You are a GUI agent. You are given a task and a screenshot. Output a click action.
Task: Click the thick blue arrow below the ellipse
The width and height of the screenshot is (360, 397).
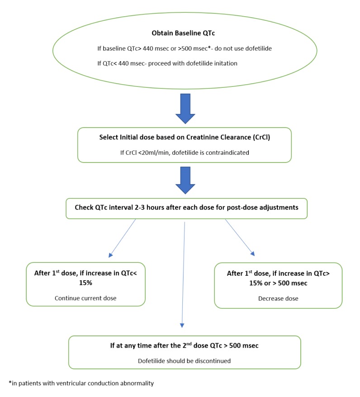(185, 108)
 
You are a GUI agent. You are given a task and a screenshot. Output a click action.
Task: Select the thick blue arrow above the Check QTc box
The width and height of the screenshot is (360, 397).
(185, 178)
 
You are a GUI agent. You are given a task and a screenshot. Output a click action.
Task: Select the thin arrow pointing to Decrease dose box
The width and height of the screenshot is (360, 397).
(240, 237)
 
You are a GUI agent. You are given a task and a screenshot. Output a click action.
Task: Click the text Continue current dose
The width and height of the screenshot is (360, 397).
(85, 298)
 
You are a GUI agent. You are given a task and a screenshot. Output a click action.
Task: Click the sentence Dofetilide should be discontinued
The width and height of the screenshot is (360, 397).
(184, 361)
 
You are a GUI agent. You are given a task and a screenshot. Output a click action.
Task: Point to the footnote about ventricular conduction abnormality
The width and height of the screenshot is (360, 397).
(81, 383)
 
